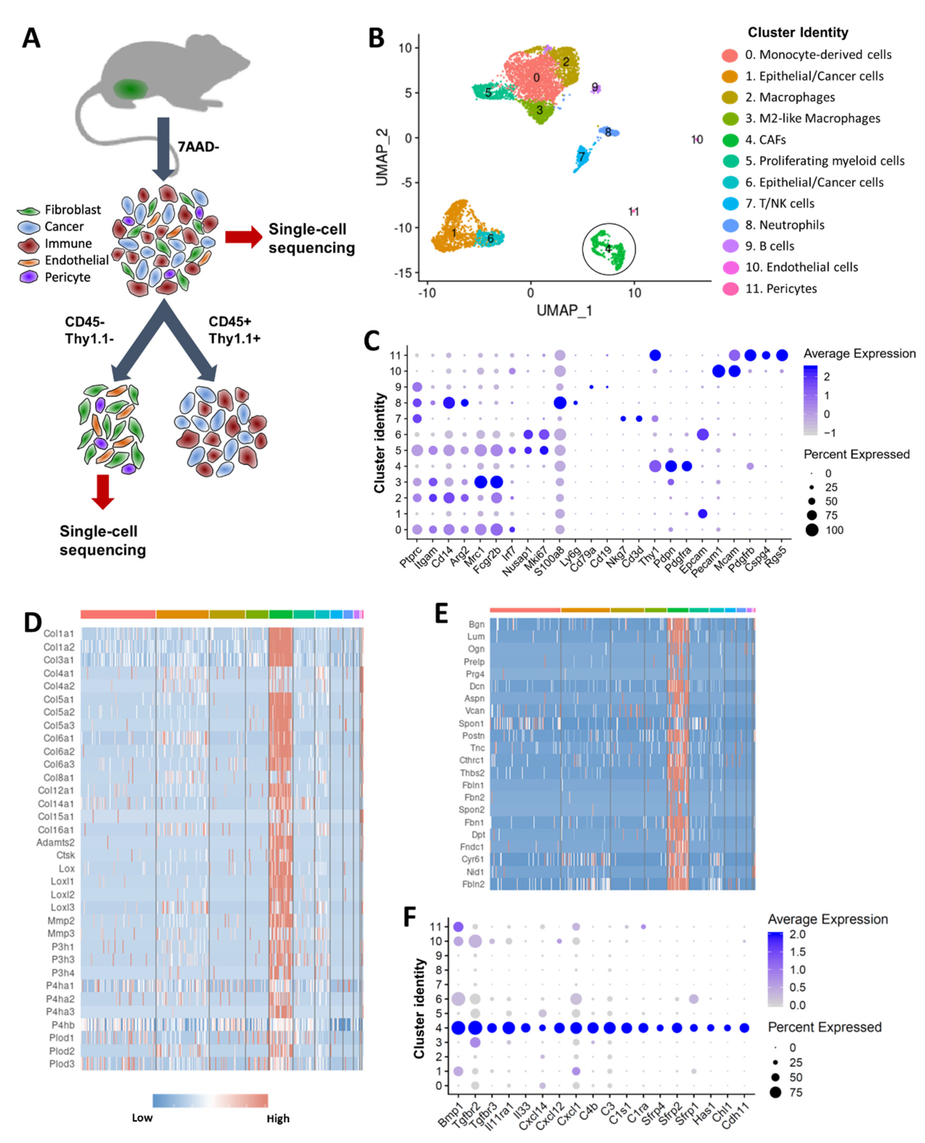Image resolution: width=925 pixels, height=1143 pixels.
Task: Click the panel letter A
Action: pyautogui.click(x=31, y=38)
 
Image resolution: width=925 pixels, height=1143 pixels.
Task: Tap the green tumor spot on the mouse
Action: pyautogui.click(x=129, y=88)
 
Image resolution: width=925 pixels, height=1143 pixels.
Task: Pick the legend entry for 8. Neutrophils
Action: pyautogui.click(x=784, y=225)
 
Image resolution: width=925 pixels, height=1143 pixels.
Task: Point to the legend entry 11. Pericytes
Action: pyautogui.click(x=780, y=289)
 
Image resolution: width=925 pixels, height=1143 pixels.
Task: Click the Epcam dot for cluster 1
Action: pyautogui.click(x=702, y=514)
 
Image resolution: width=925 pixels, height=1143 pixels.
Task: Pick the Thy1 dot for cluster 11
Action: pyautogui.click(x=655, y=355)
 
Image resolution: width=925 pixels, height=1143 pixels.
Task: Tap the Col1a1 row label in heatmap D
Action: pyautogui.click(x=59, y=633)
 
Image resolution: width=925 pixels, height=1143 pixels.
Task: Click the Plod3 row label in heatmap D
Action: pyautogui.click(x=62, y=1064)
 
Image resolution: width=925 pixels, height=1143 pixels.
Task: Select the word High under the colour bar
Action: pyautogui.click(x=278, y=1119)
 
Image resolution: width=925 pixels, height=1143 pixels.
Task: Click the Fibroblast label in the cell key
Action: pyautogui.click(x=73, y=210)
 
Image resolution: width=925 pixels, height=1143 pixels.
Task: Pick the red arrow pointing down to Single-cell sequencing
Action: pyautogui.click(x=102, y=491)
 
